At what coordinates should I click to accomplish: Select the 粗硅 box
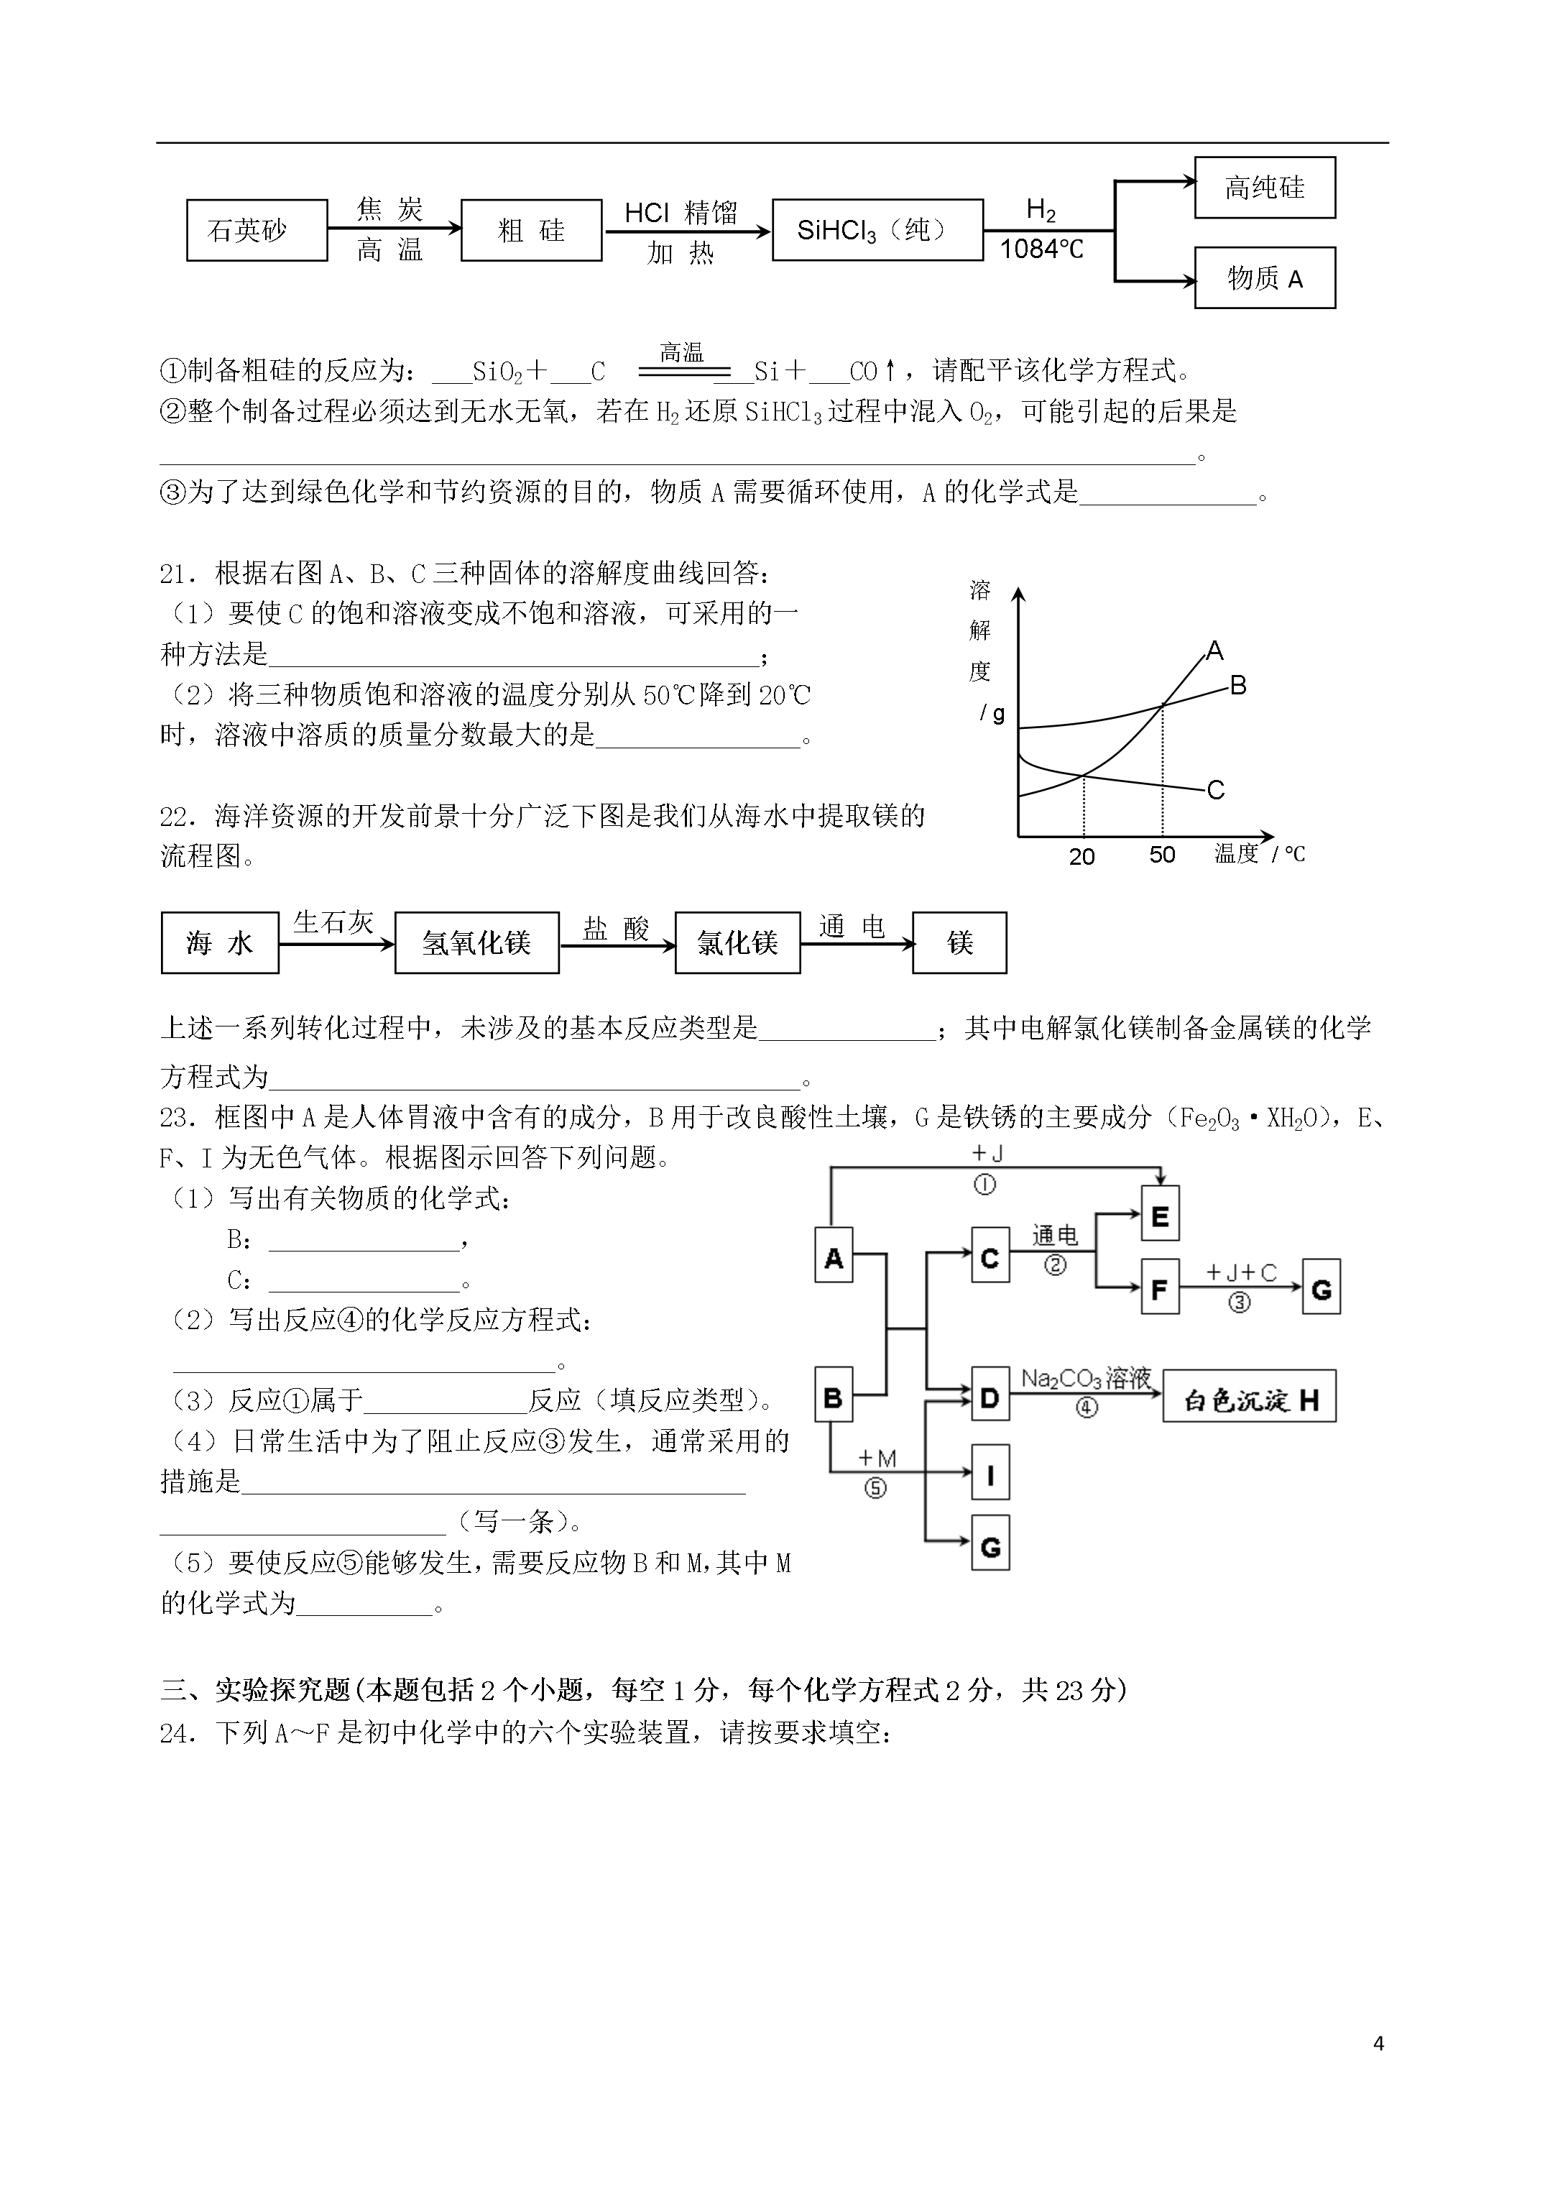pos(531,231)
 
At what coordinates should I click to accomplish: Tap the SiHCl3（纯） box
pos(877,231)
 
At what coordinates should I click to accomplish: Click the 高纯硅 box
pos(1264,188)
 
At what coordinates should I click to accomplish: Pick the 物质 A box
pos(1264,278)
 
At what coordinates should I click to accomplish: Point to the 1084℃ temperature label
pos(1041,249)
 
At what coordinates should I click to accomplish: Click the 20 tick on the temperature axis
pos(1082,857)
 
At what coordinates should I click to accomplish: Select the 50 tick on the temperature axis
pos(1162,855)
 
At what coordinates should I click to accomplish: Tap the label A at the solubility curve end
pos(1214,651)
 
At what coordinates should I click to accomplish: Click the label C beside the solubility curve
pos(1216,790)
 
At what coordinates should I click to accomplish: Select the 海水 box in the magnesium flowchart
pos(220,942)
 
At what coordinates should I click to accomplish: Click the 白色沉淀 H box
pos(1249,1397)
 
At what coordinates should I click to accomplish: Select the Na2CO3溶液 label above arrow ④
pos(1086,1379)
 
